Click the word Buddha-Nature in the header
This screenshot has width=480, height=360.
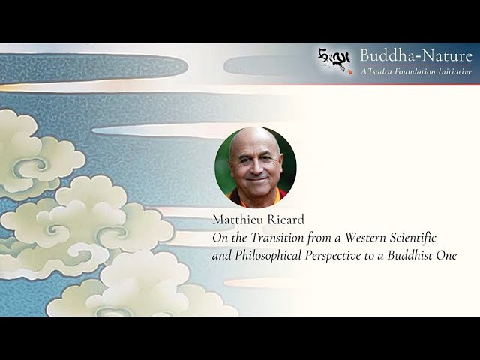tap(415, 55)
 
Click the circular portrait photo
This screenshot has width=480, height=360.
tap(255, 166)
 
